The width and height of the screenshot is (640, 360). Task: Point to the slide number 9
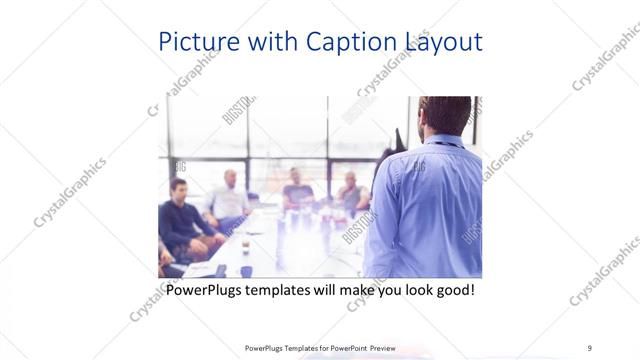pos(590,348)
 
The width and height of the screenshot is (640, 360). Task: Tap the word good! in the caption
pos(452,291)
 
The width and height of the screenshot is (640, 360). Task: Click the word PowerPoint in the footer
pos(340,348)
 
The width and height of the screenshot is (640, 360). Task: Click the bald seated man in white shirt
pos(229,198)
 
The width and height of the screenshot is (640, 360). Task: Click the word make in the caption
pos(344,291)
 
